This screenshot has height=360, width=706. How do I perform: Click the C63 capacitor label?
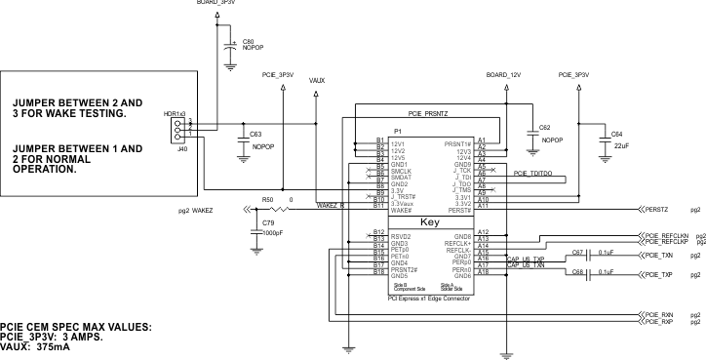click(x=255, y=134)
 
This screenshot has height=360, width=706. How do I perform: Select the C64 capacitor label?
click(x=616, y=134)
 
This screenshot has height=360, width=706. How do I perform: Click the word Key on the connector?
click(x=430, y=222)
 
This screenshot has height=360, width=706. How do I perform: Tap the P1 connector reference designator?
click(x=398, y=132)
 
